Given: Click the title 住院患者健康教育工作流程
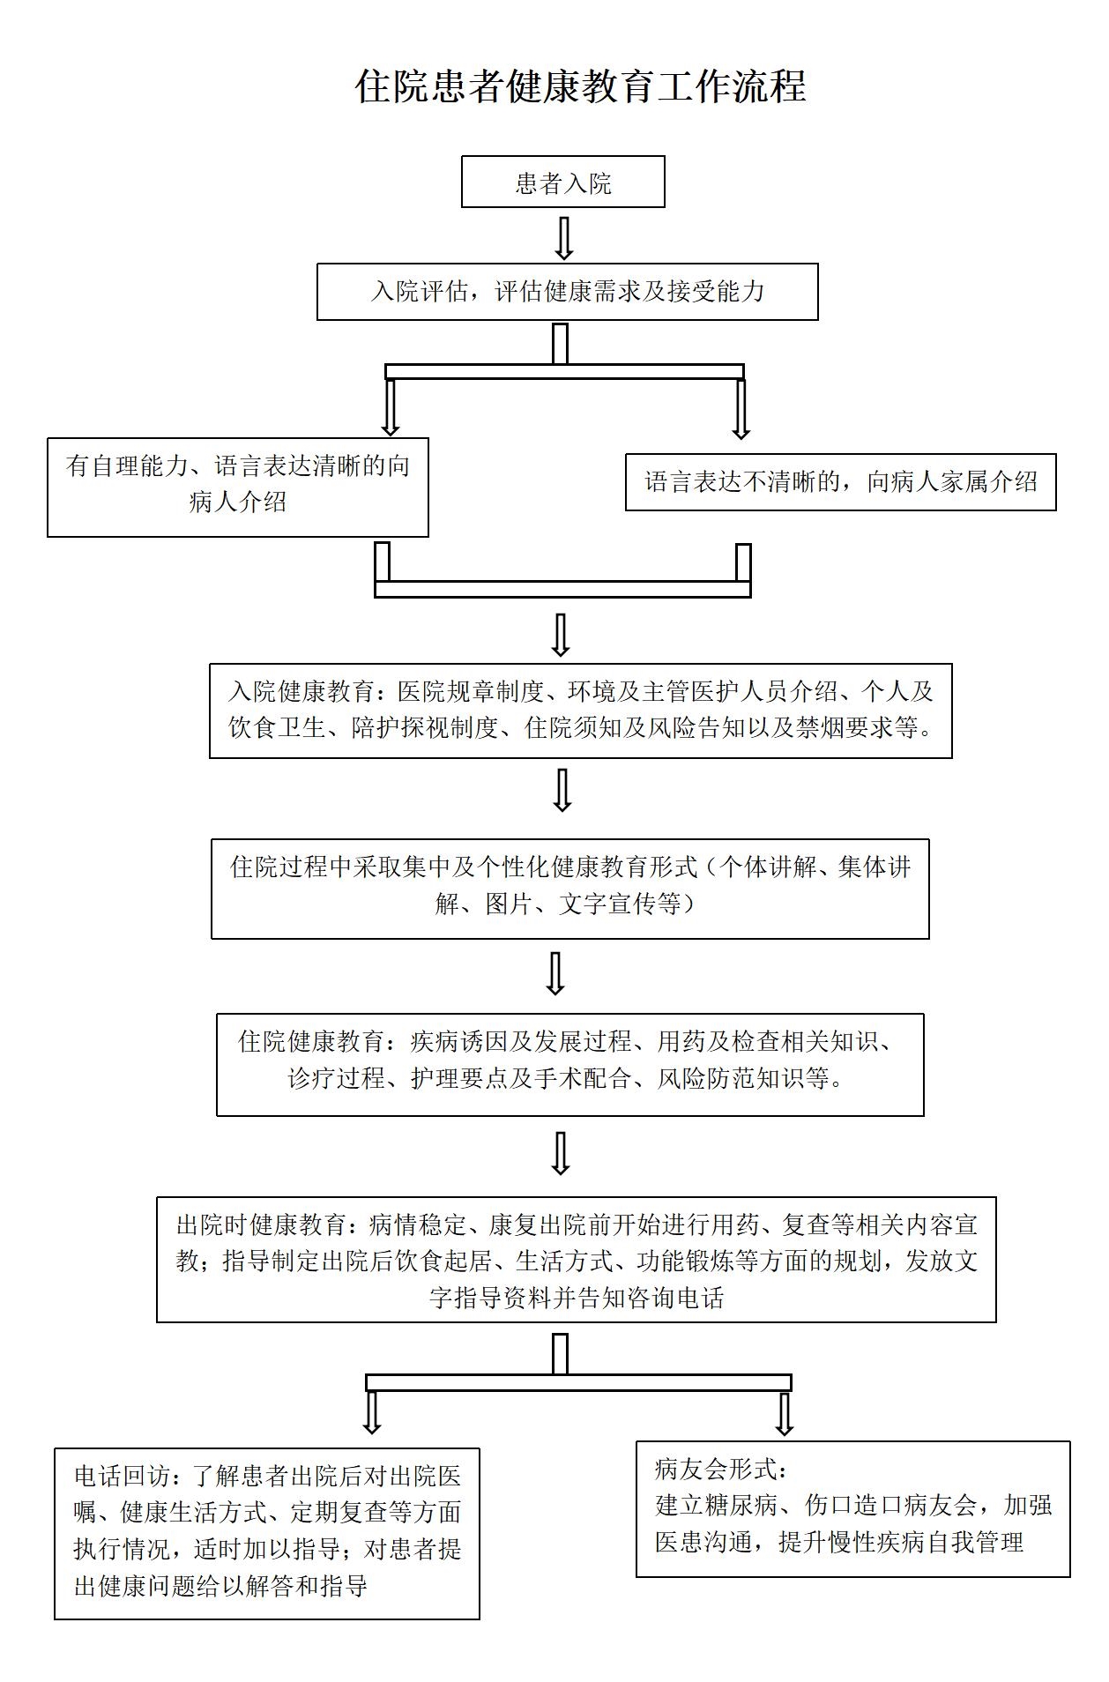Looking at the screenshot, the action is pyautogui.click(x=581, y=86).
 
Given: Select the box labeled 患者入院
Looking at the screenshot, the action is pyautogui.click(x=563, y=182).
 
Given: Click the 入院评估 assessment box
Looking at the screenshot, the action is pyautogui.click(x=568, y=292).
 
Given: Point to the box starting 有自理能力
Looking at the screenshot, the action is pyautogui.click(x=238, y=487).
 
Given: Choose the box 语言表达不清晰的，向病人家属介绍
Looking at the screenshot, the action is pyautogui.click(x=841, y=481).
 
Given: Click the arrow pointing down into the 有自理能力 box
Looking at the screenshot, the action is pyautogui.click(x=391, y=407).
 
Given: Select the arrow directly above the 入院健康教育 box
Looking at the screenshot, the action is pyautogui.click(x=561, y=635).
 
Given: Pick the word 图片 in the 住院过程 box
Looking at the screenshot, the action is pyautogui.click(x=510, y=904).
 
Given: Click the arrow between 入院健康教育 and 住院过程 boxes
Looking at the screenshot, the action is pyautogui.click(x=562, y=790).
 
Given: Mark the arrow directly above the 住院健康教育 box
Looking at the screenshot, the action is pyautogui.click(x=555, y=974).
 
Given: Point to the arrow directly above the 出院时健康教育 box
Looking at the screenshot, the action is pyautogui.click(x=561, y=1153).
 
